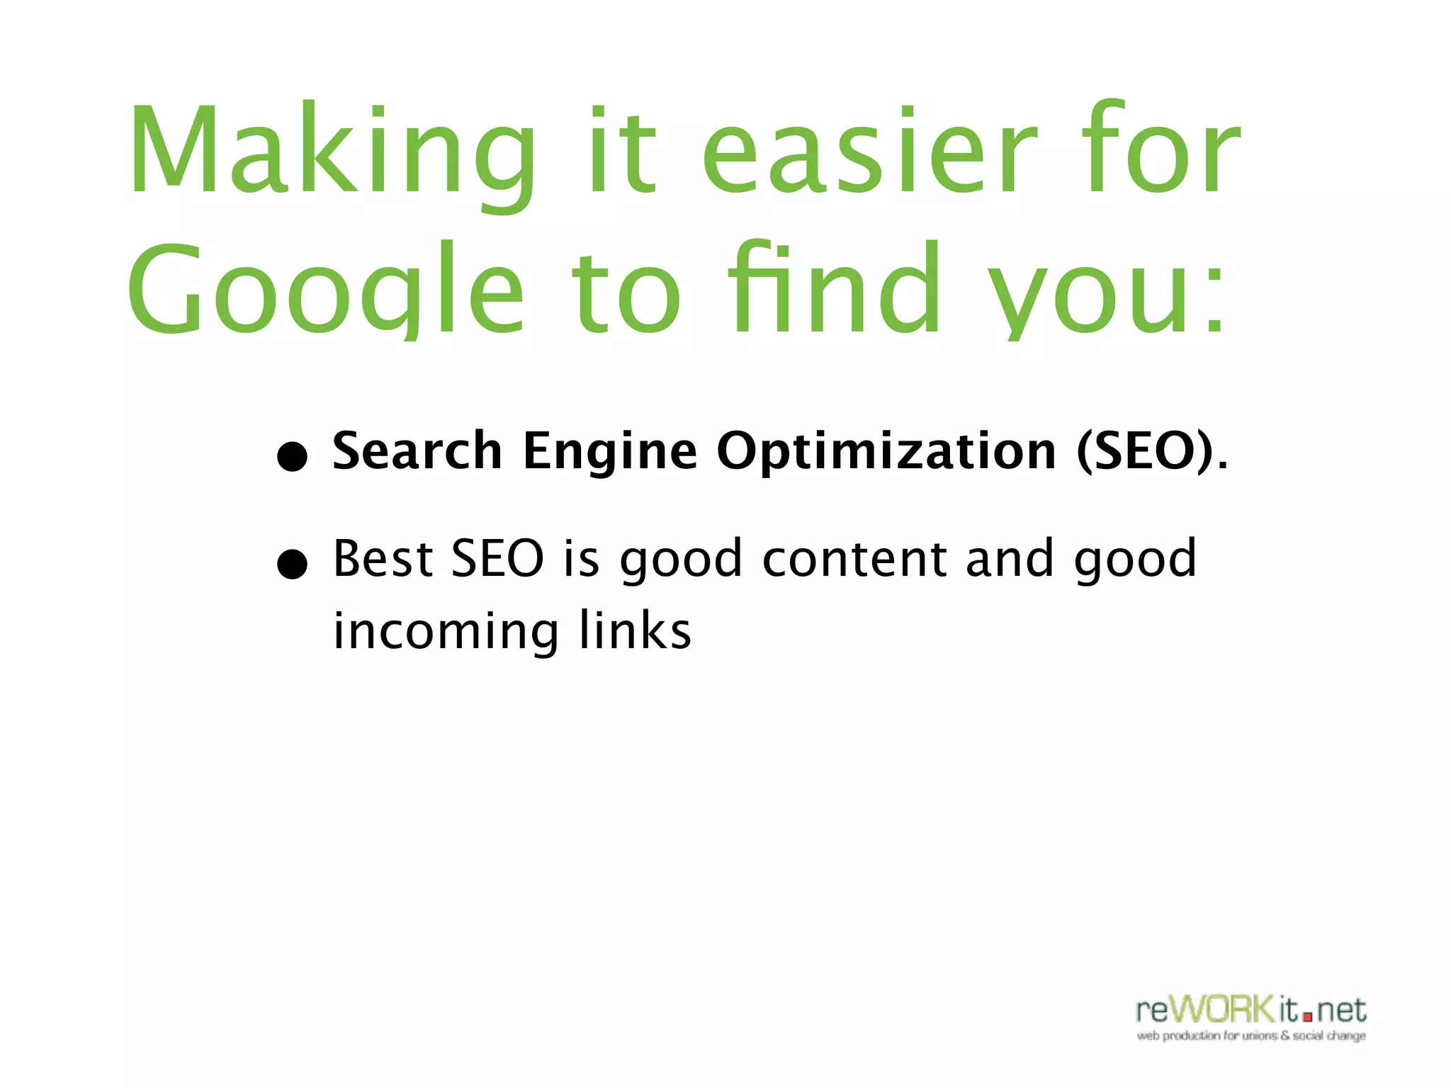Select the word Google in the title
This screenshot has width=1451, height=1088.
[326, 290]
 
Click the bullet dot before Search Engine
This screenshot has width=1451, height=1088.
[292, 457]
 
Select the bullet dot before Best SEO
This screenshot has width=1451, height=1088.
[292, 565]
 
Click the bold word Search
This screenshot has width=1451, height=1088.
[417, 450]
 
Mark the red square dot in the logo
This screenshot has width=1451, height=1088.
[1308, 1017]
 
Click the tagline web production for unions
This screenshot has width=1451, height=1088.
[1251, 1036]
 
